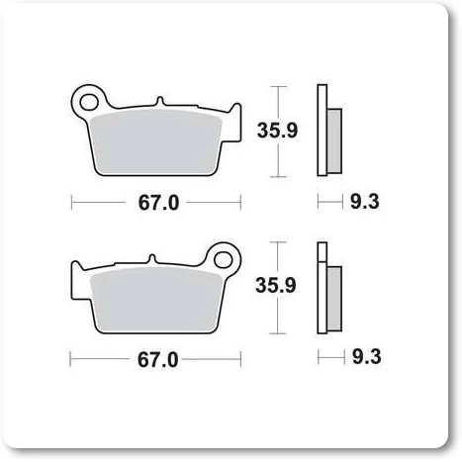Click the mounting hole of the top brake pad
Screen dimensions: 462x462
point(89,102)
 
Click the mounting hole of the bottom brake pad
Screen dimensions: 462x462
point(224,259)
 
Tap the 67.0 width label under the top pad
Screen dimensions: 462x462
point(158,203)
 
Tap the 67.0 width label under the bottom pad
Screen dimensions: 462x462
point(157,360)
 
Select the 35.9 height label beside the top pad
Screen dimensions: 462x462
point(277,131)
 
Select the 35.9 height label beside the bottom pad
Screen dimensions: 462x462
point(276,285)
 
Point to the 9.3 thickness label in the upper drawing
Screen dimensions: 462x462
point(365,202)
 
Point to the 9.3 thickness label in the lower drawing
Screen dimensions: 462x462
point(367,357)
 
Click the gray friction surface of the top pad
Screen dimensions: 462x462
point(155,141)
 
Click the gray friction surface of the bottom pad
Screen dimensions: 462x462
point(155,300)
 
